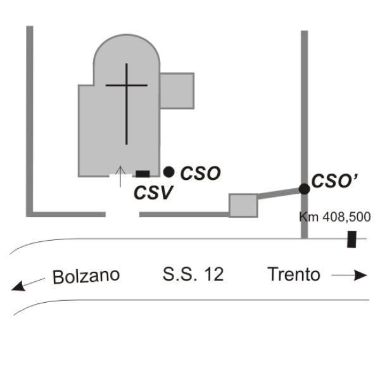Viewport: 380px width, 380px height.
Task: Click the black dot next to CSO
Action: (x=168, y=172)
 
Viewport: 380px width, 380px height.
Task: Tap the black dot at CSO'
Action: (x=305, y=189)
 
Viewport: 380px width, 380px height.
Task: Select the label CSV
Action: (x=153, y=193)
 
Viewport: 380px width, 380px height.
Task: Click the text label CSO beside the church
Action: (x=200, y=174)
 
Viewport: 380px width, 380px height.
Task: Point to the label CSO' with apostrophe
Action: (x=334, y=181)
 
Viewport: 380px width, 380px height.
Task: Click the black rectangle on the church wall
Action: (x=142, y=174)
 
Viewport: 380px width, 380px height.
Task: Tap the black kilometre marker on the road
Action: (x=351, y=239)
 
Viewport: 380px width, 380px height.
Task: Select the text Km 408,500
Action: (x=335, y=217)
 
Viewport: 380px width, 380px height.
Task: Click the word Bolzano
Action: (x=86, y=276)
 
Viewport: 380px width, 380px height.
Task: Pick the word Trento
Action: (x=294, y=274)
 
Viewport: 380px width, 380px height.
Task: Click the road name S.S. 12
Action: (x=193, y=274)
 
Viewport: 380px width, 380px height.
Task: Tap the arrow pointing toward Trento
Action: (x=349, y=275)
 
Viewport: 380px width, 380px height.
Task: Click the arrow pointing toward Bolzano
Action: (x=28, y=284)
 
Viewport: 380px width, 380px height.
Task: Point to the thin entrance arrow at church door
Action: (x=120, y=177)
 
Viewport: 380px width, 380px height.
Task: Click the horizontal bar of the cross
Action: (x=127, y=85)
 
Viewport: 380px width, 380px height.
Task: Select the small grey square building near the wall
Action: (x=243, y=205)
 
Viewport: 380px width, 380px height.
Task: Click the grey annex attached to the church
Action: (x=177, y=91)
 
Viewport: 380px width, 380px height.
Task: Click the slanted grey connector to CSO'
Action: (x=278, y=194)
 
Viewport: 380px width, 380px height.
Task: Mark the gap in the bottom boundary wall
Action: (x=123, y=215)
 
